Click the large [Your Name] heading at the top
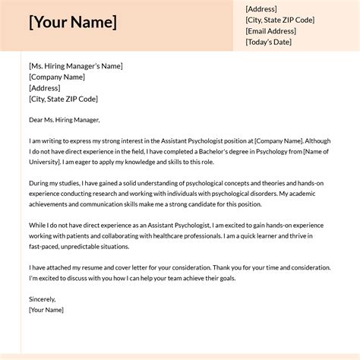pyautogui.click(x=73, y=22)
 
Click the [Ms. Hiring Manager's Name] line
pyautogui.click(x=75, y=66)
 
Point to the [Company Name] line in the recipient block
pyautogui.click(x=57, y=77)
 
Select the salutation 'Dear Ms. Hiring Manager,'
pyautogui.click(x=65, y=119)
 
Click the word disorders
pyautogui.click(x=258, y=194)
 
